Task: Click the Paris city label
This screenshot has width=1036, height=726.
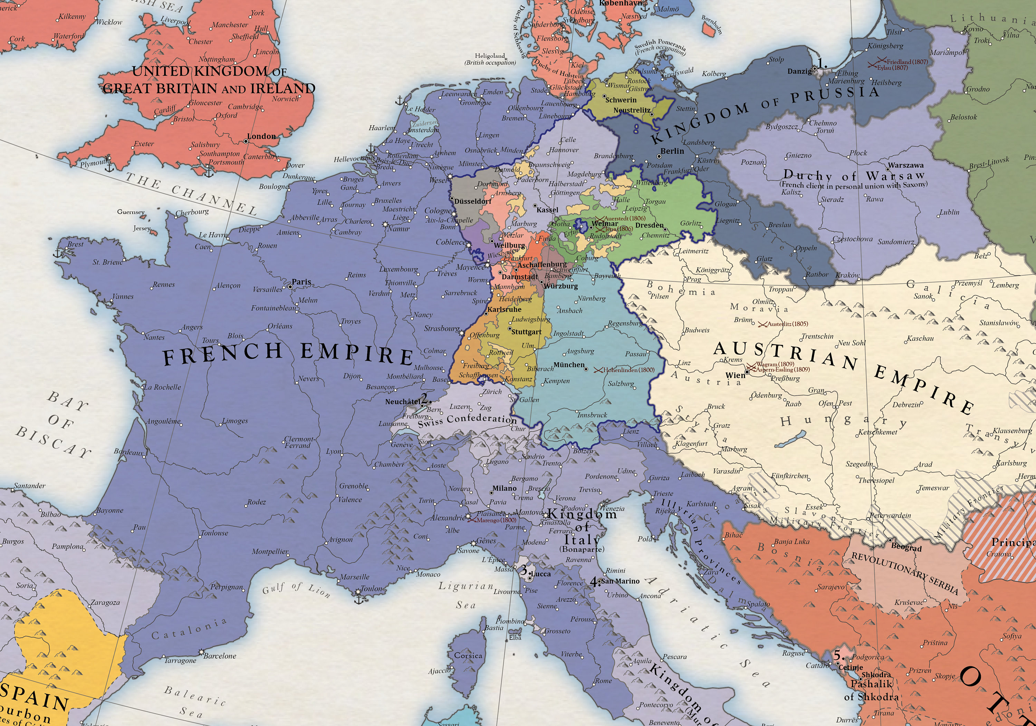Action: tap(301, 282)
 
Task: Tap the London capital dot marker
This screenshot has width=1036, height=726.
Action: tap(246, 141)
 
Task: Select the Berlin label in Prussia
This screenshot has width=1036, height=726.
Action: tap(672, 151)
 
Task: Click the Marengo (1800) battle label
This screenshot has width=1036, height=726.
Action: tap(493, 520)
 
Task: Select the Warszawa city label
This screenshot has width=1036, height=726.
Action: tap(905, 165)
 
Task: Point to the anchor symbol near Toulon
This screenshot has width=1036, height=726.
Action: tap(359, 600)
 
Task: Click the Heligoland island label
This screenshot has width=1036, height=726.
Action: tap(490, 56)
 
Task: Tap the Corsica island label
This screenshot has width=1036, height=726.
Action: tap(468, 655)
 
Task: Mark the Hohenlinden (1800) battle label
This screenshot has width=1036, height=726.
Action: tap(629, 370)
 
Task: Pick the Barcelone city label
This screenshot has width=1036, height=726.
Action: tap(219, 656)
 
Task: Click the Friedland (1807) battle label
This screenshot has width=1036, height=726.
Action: tap(907, 61)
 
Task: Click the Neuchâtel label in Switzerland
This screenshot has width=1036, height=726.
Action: tap(403, 401)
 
